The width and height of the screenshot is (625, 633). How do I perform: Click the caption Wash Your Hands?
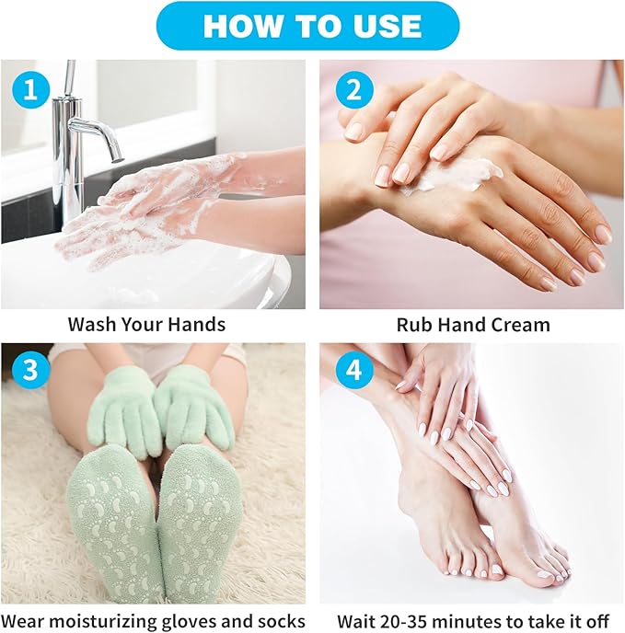(146, 325)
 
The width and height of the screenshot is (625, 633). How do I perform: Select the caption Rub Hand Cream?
(472, 325)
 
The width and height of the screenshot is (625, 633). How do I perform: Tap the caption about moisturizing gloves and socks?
(153, 621)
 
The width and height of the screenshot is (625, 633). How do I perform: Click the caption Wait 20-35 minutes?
(473, 621)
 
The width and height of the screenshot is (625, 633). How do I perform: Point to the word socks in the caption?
(281, 621)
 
